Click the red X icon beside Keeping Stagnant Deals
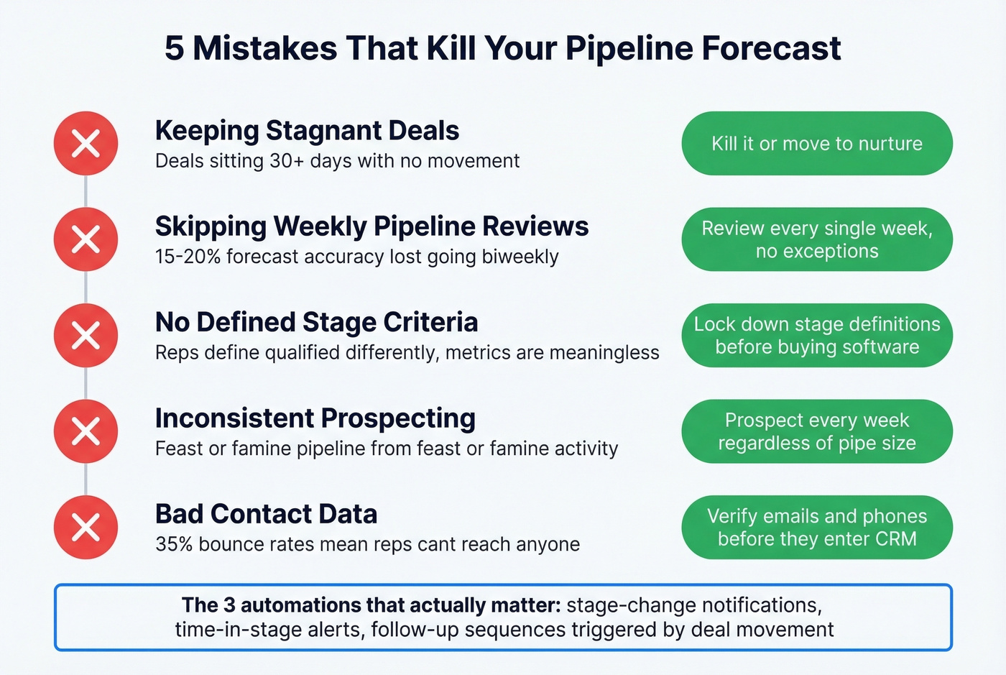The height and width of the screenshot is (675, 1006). [x=86, y=144]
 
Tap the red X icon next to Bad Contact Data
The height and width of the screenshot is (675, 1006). [x=86, y=527]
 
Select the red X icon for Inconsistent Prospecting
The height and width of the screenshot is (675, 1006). [x=86, y=431]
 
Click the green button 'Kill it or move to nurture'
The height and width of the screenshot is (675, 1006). [x=816, y=144]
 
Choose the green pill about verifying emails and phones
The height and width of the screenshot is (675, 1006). [x=816, y=527]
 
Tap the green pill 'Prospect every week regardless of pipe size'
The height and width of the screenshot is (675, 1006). [x=816, y=431]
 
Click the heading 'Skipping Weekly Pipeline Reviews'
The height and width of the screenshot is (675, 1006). [x=372, y=226]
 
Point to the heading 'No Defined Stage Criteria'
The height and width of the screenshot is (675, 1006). [x=316, y=322]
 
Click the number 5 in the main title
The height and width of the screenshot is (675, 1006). [x=175, y=49]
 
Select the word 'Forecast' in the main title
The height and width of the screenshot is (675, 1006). [x=770, y=49]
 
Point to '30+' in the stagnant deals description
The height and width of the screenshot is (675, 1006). [x=287, y=161]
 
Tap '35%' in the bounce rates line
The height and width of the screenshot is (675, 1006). [x=174, y=544]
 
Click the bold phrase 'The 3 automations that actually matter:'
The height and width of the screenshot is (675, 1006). [x=371, y=605]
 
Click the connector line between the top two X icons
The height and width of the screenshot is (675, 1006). [x=86, y=191]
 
